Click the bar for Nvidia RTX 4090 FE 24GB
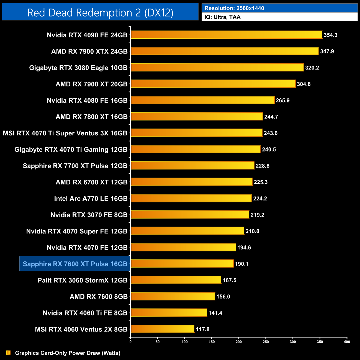pyautogui.click(x=227, y=35)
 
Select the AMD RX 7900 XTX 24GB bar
pyautogui.click(x=225, y=51)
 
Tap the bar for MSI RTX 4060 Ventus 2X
pyautogui.click(x=163, y=329)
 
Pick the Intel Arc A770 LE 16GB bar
pyautogui.click(x=191, y=198)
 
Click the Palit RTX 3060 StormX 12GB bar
pyautogui.click(x=176, y=280)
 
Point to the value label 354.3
pyautogui.click(x=330, y=35)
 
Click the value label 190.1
pyautogui.click(x=241, y=264)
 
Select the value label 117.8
pyautogui.click(x=202, y=329)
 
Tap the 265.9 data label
pyautogui.click(x=282, y=101)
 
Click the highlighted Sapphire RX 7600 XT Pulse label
pyautogui.click(x=75, y=264)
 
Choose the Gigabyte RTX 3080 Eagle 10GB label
pyautogui.click(x=78, y=68)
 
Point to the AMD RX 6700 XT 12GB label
pyautogui.click(x=92, y=182)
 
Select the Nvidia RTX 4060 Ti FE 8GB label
pyautogui.click(x=85, y=313)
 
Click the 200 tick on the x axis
pyautogui.click(x=239, y=342)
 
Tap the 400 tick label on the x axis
pyautogui.click(x=347, y=342)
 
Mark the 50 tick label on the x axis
pyautogui.click(x=158, y=342)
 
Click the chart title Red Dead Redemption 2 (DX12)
pyautogui.click(x=100, y=12)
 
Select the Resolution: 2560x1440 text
pyautogui.click(x=234, y=8)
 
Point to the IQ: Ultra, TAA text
pyautogui.click(x=222, y=17)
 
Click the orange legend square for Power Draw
pyautogui.click(x=8, y=353)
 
